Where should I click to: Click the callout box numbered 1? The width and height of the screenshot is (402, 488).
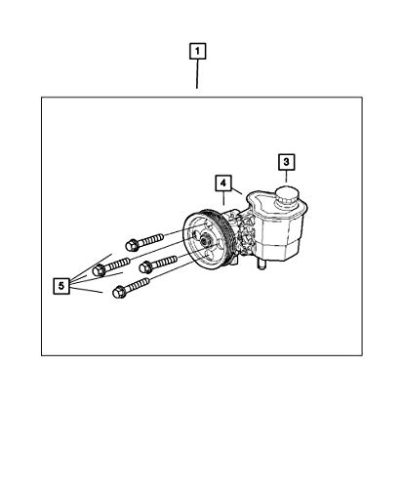pyautogui.click(x=197, y=52)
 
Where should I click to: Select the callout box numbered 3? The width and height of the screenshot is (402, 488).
pyautogui.click(x=286, y=162)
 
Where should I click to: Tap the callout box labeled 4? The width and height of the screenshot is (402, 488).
pyautogui.click(x=223, y=183)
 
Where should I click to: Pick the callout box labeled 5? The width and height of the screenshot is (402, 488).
pyautogui.click(x=61, y=286)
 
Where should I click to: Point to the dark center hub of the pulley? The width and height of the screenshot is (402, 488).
pyautogui.click(x=205, y=241)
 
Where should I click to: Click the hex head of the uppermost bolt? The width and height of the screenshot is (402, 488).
pyautogui.click(x=132, y=245)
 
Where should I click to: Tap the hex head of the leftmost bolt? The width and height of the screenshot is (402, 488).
pyautogui.click(x=99, y=270)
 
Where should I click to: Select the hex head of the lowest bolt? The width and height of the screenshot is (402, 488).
pyautogui.click(x=119, y=292)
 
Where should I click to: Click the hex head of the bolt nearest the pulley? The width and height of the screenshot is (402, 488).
pyautogui.click(x=145, y=267)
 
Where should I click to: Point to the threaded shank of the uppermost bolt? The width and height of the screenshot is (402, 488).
pyautogui.click(x=151, y=240)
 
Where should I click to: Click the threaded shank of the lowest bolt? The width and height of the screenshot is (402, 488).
pyautogui.click(x=138, y=285)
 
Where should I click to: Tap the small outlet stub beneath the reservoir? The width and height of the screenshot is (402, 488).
pyautogui.click(x=261, y=264)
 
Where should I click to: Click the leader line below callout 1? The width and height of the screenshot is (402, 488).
pyautogui.click(x=197, y=74)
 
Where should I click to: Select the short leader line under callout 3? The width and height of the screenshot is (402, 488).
pyautogui.click(x=286, y=176)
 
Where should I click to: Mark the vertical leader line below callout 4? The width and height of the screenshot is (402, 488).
pyautogui.click(x=223, y=198)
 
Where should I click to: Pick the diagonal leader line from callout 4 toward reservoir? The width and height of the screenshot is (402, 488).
pyautogui.click(x=236, y=189)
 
